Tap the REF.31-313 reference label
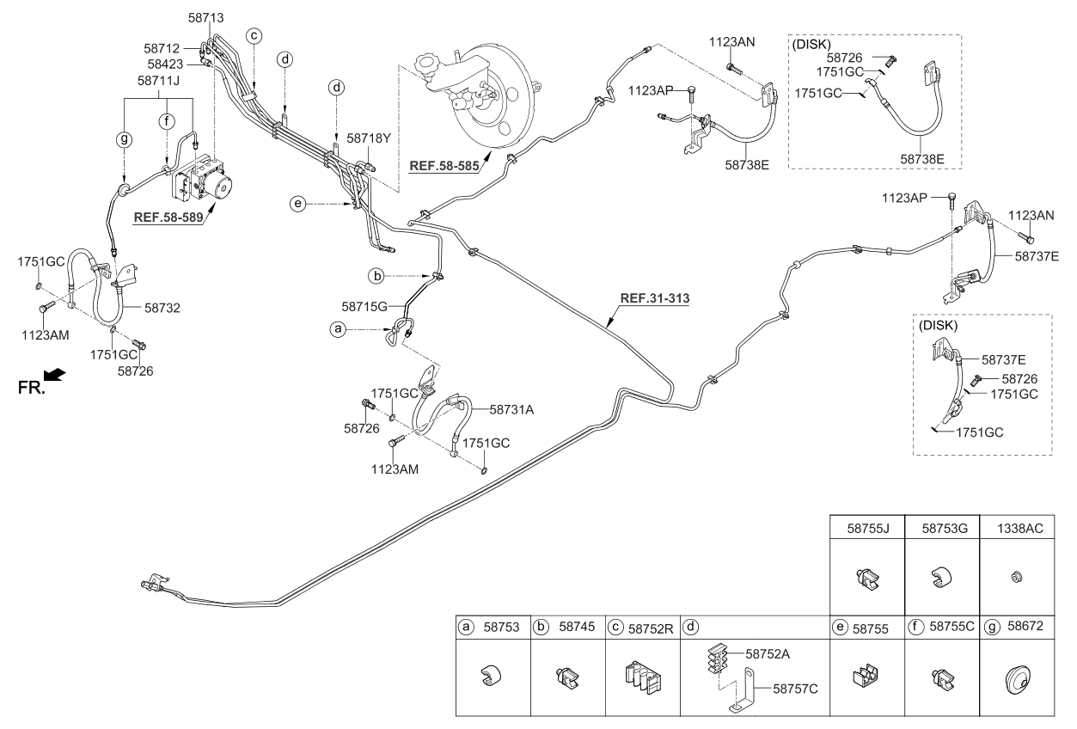655,299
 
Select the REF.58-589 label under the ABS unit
169,217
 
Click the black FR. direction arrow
54,374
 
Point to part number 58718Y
369,138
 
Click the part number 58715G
364,306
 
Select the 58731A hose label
511,410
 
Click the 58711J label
159,81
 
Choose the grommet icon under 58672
1019,683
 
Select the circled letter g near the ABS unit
125,137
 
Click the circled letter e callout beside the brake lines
297,204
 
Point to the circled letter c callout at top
254,35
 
